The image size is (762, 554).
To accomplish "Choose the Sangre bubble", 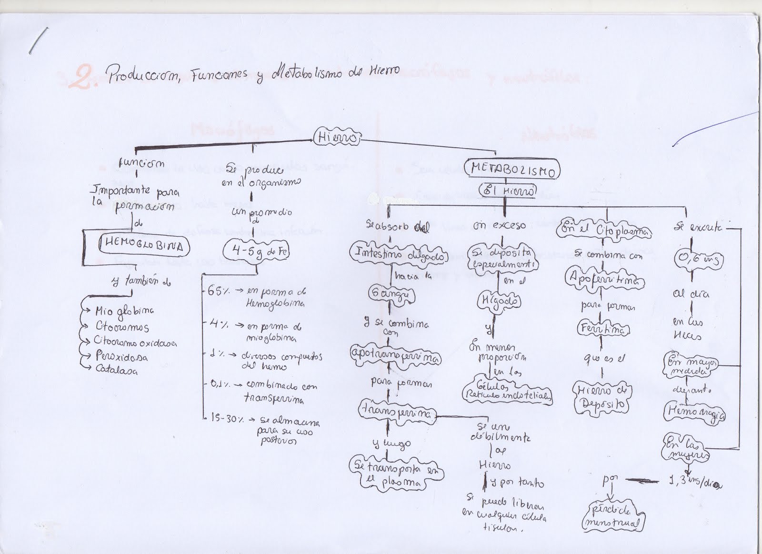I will click(x=391, y=295).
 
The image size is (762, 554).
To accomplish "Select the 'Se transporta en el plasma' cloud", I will click(x=396, y=474).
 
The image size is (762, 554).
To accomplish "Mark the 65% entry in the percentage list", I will click(x=217, y=292).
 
